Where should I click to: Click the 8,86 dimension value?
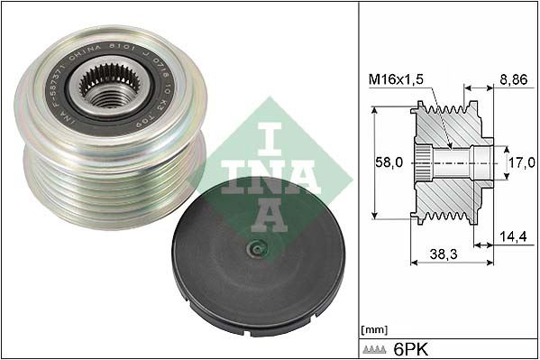tap(513, 79)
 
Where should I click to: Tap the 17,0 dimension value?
tap(519, 164)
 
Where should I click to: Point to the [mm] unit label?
tap(373, 328)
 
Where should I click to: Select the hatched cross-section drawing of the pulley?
tap(451, 162)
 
